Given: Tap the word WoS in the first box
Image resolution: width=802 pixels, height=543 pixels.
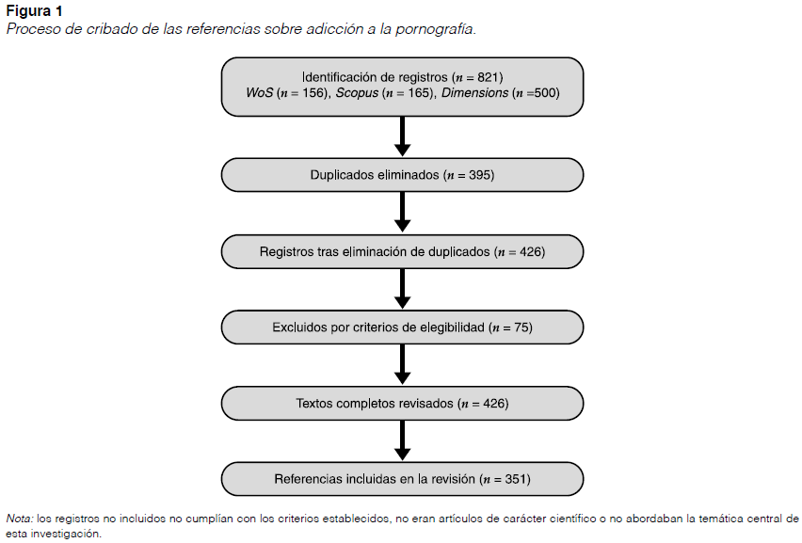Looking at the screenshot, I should point(259,93).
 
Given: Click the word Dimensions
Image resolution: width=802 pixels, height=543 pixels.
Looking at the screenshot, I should point(475,93).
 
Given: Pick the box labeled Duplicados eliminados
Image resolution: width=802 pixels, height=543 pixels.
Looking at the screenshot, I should point(402,175).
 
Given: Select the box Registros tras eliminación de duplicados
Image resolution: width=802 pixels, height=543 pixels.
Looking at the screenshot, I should point(402,251).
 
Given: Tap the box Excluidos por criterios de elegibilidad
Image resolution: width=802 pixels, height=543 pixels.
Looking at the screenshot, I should point(402,327).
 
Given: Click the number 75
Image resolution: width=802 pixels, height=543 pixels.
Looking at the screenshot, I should point(521,327).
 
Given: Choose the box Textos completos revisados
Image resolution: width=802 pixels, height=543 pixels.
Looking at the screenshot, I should point(402,403).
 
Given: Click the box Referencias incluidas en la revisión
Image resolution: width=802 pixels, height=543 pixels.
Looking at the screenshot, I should point(402,479).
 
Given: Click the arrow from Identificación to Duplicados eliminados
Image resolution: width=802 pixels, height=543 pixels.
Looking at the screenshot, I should point(403,136).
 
